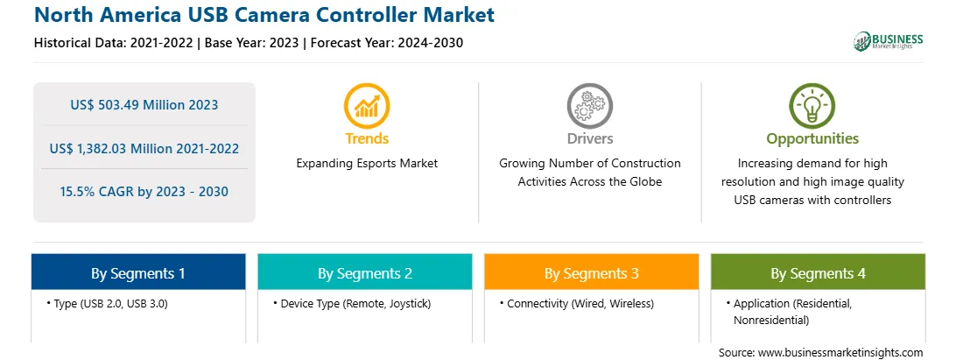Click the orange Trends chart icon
367,106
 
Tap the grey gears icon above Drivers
589,106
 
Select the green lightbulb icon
812,106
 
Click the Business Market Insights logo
889,41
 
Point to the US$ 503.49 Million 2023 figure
144,105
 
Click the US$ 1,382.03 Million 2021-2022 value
144,148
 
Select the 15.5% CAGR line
144,192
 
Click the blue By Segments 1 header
138,272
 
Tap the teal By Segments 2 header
364,272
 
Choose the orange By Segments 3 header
592,272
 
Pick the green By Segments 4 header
819,272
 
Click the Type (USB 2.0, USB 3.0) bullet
107,303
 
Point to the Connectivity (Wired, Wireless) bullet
576,303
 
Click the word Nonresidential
771,320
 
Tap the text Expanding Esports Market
367,164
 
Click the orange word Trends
367,138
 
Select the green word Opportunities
812,139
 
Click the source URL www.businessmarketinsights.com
840,353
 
